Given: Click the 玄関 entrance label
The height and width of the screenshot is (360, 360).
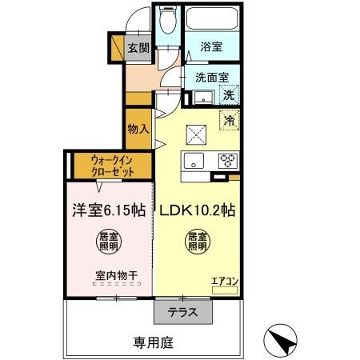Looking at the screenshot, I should [139, 48].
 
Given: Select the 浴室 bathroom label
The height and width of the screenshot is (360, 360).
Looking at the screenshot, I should [211, 47].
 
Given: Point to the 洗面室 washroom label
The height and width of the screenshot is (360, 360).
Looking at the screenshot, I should [212, 78].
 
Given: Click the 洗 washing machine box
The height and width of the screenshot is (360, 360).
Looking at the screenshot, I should [228, 95].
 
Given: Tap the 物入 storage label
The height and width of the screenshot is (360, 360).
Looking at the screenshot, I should [138, 129].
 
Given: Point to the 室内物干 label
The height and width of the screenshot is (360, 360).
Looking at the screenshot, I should [117, 276].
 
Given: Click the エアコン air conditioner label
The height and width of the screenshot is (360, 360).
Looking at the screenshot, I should [225, 281].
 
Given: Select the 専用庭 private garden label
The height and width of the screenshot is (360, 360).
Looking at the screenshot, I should [152, 342].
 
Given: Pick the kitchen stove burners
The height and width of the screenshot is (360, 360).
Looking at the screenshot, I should [229, 158].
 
